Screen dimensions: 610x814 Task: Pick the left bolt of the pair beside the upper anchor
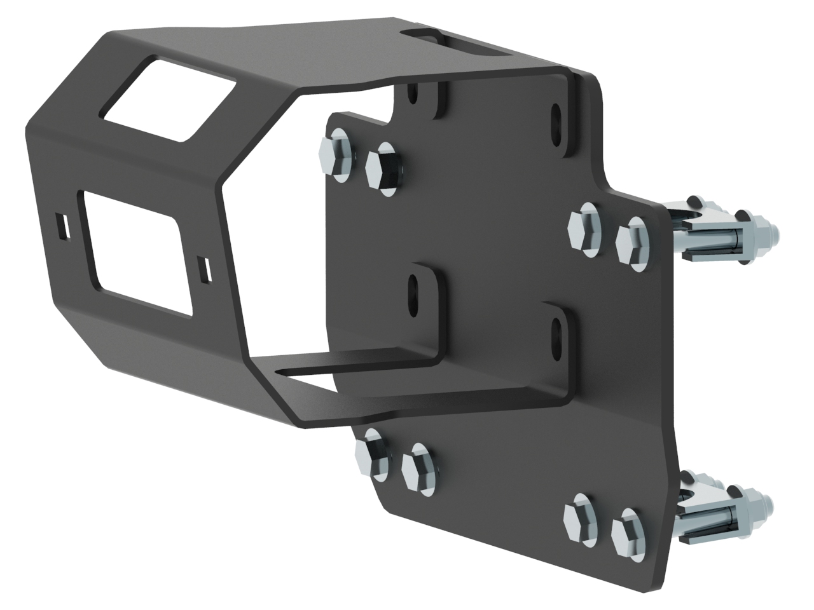(584, 227)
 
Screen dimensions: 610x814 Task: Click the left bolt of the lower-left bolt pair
(369, 451)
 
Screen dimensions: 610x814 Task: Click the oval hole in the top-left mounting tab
(414, 95)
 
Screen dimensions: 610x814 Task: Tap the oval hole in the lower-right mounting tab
(557, 330)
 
